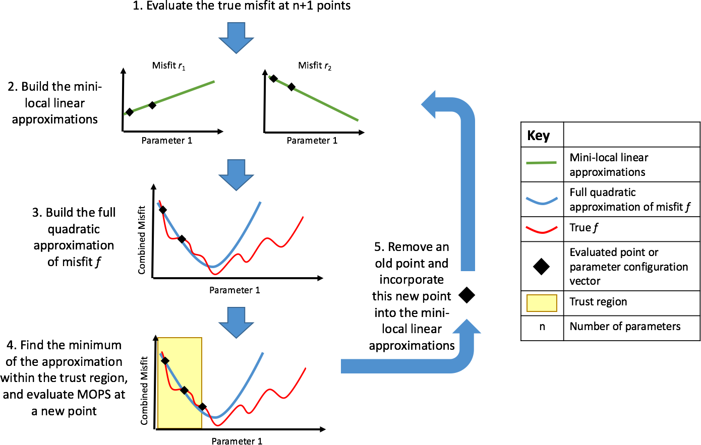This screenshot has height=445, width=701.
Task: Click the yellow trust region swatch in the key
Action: point(542,303)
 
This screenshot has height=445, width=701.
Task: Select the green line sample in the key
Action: point(541,163)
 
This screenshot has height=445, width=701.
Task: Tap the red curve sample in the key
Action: point(541,229)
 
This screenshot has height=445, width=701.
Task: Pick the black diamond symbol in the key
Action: point(541,267)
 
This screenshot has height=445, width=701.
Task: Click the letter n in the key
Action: point(542,327)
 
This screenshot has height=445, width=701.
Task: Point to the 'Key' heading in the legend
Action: point(538,136)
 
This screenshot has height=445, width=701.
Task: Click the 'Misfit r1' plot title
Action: point(168,66)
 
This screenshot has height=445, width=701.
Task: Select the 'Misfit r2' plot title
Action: point(315,66)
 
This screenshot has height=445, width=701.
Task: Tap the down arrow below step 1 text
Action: point(236,37)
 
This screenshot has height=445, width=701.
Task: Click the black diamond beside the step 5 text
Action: point(466,295)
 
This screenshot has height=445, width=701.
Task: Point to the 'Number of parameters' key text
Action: point(625,327)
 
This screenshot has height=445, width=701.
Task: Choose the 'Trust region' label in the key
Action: point(598,302)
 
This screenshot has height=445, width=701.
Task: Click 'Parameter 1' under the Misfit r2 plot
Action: point(312,141)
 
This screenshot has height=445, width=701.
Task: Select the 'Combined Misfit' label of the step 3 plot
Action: point(142,240)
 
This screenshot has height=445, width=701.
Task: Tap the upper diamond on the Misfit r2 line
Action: point(273,79)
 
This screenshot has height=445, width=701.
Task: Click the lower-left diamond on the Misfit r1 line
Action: point(130,112)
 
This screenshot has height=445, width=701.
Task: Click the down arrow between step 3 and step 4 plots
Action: point(236,323)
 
